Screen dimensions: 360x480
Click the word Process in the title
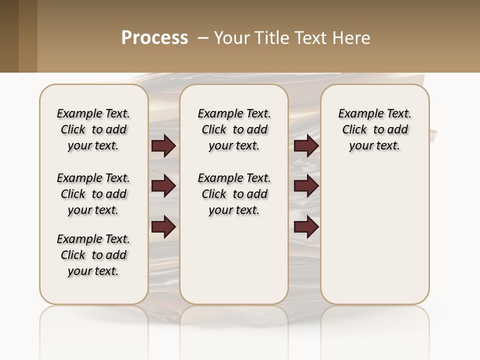point(154,38)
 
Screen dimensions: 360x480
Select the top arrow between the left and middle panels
point(163,145)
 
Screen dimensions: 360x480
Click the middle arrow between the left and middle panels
point(163,186)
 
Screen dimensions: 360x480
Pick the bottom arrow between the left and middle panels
point(163,227)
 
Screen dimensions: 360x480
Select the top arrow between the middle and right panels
point(306,145)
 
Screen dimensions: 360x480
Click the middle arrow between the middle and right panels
point(306,186)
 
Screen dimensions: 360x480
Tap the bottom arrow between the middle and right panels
point(306,227)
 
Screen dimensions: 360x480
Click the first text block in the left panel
point(93,129)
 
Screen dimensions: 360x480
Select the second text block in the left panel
point(93,194)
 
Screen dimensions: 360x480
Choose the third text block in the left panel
point(93,255)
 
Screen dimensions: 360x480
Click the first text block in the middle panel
point(234,129)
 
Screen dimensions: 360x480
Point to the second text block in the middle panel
point(234,194)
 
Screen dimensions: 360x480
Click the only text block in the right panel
point(374,129)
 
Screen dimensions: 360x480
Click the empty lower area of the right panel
point(374,235)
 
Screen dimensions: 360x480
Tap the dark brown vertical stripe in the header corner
point(9,36)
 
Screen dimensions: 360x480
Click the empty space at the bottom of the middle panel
point(234,265)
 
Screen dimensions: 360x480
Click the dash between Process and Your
point(203,38)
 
